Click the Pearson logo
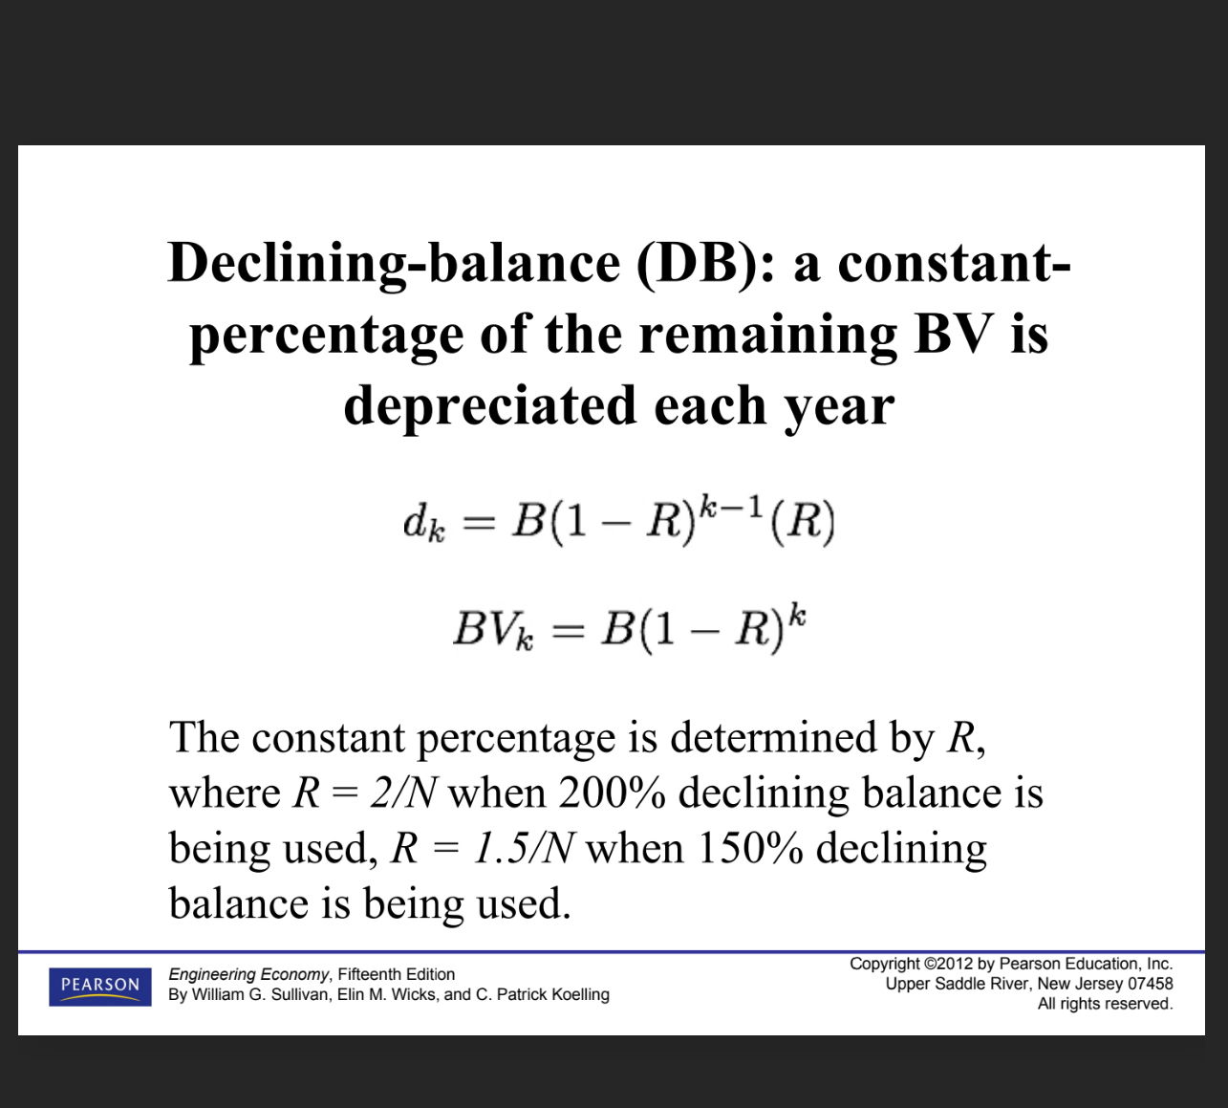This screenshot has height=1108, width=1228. (x=100, y=986)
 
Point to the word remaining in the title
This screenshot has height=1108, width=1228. (x=768, y=335)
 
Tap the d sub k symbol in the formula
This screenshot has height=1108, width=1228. (x=423, y=524)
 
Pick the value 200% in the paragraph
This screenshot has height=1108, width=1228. (x=612, y=793)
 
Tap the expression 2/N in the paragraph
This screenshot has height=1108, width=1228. (x=403, y=793)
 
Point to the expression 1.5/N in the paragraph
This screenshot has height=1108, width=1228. (x=524, y=849)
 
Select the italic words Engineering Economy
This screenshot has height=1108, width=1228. (x=248, y=974)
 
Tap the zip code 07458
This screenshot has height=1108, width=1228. (x=1151, y=984)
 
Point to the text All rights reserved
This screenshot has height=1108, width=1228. (x=1105, y=1004)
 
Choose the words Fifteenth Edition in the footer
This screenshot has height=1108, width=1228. (x=397, y=974)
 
